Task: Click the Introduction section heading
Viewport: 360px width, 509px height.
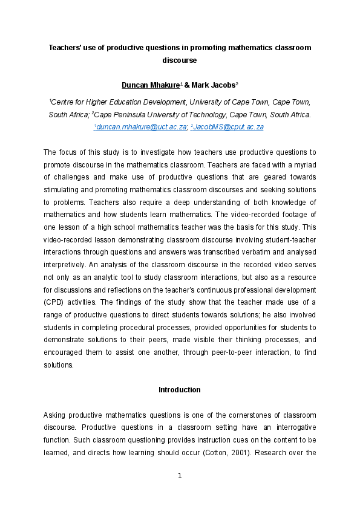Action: [180, 390]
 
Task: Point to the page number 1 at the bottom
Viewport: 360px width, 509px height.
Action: [180, 476]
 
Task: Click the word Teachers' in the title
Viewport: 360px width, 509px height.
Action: [65, 47]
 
